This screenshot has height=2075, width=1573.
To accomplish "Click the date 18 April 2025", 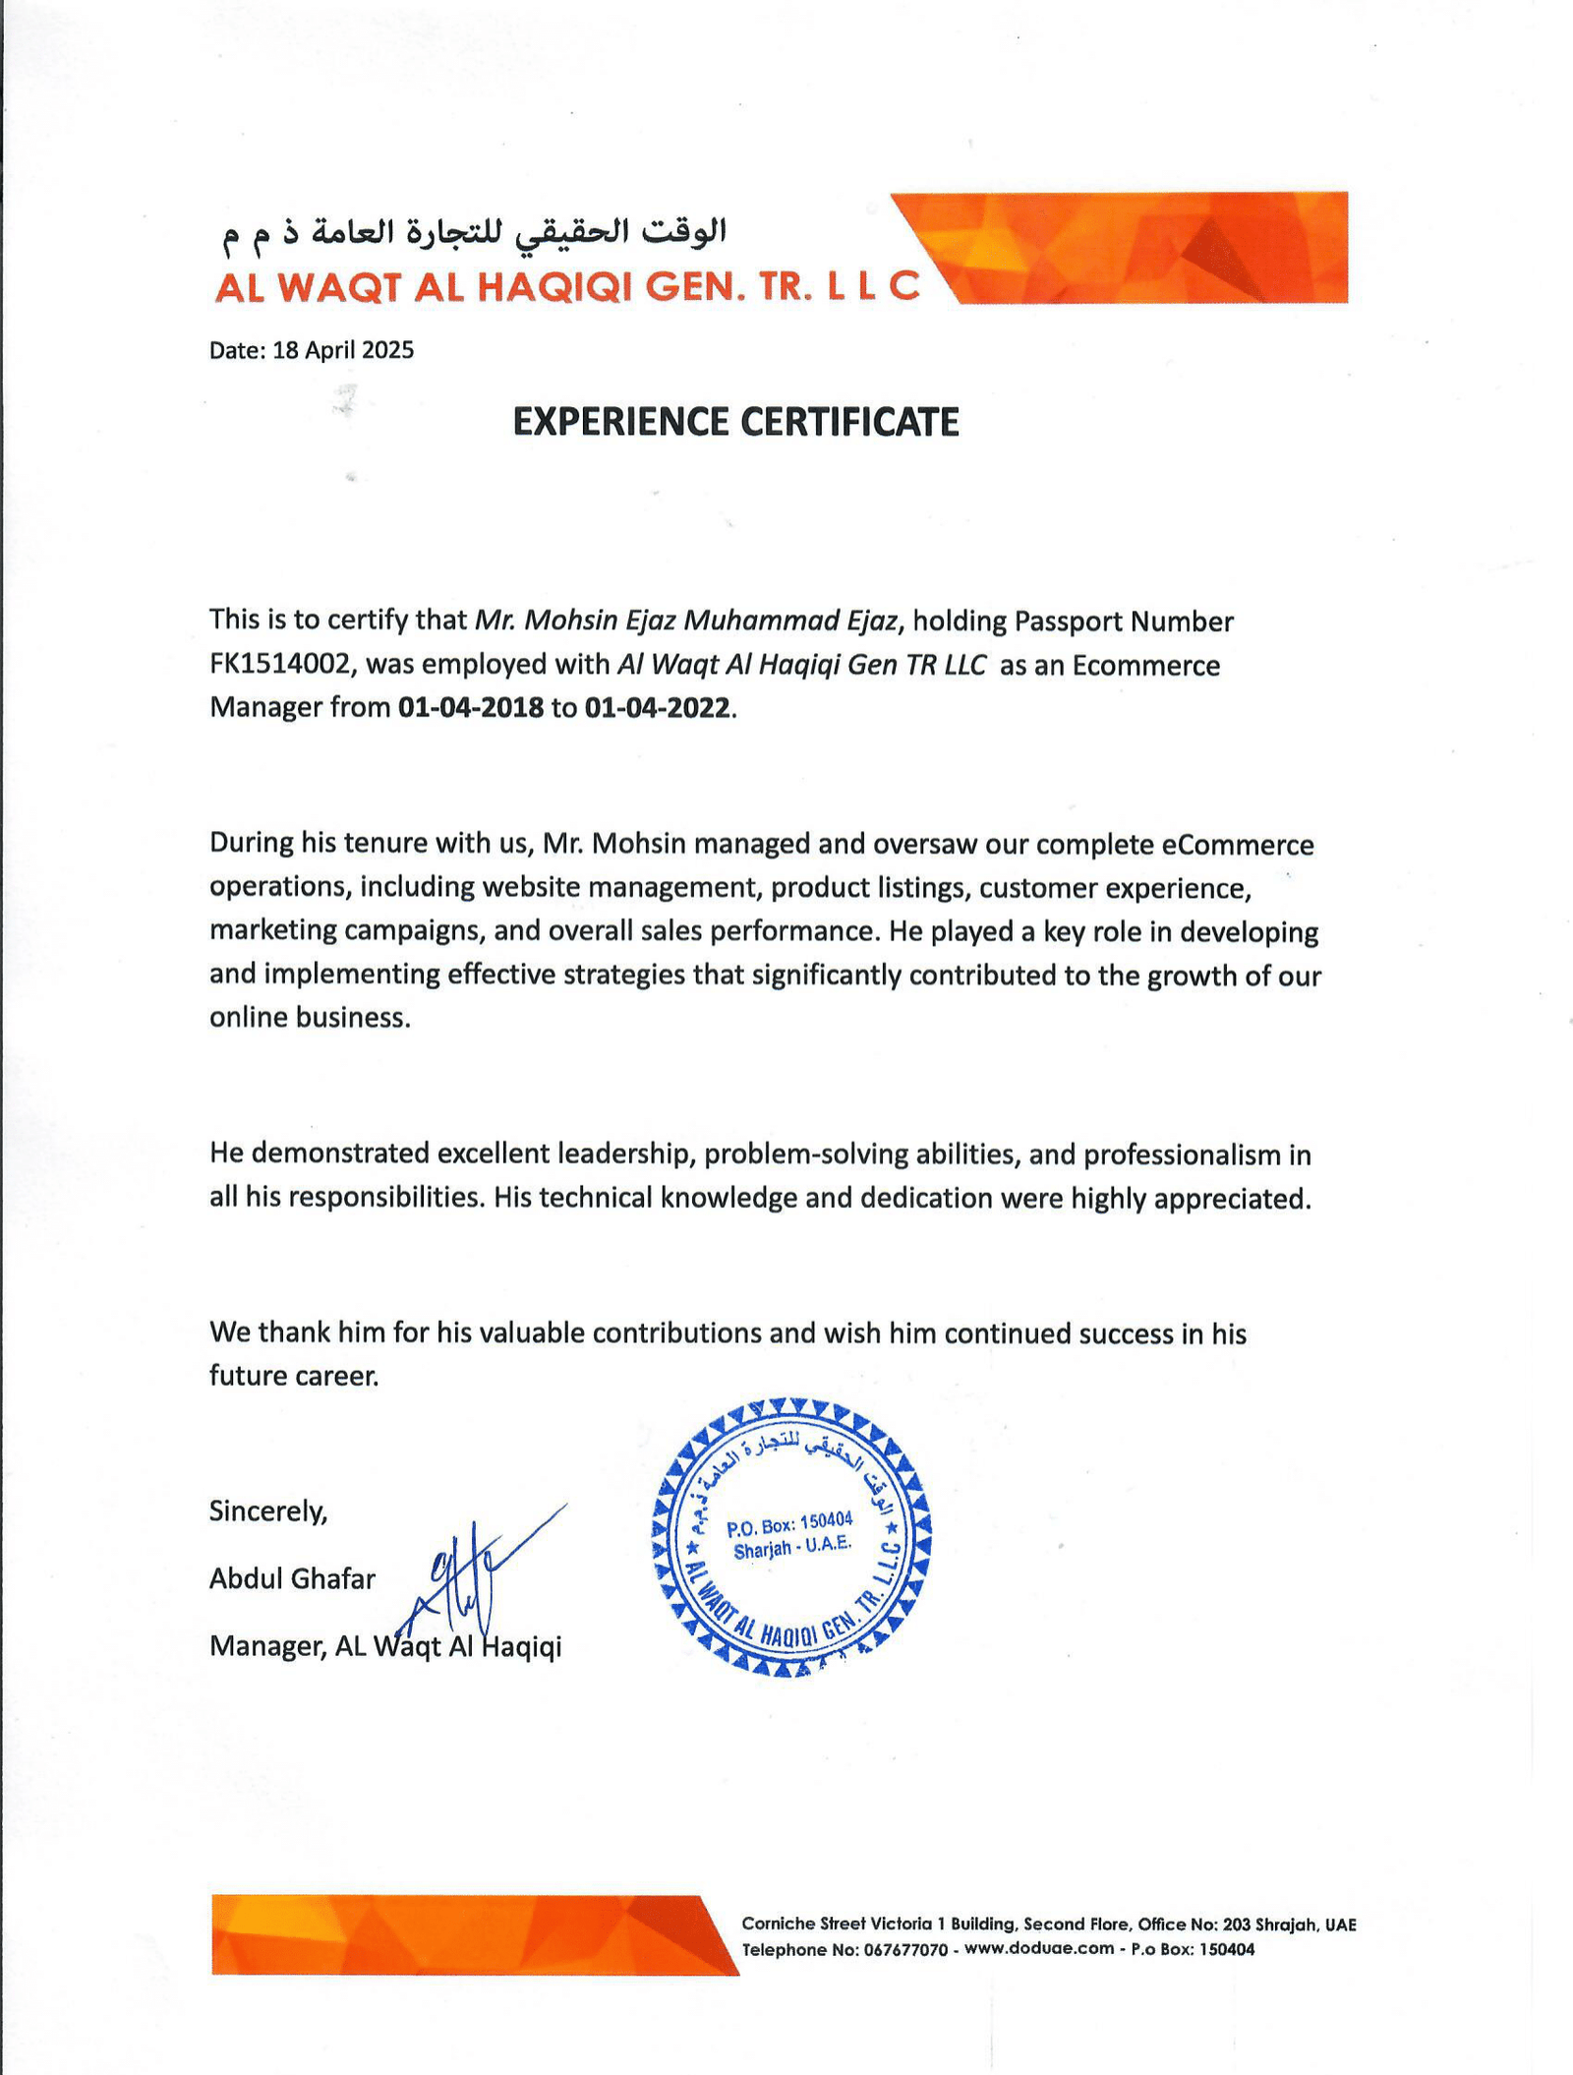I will click(x=343, y=351).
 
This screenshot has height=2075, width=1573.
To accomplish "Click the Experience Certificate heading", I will click(x=735, y=422).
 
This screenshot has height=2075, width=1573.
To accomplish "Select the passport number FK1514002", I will click(x=280, y=665).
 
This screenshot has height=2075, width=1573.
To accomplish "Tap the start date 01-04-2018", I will click(x=470, y=708).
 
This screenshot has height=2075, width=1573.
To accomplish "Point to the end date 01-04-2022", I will click(x=657, y=708).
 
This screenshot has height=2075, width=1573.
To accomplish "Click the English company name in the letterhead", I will click(x=567, y=286).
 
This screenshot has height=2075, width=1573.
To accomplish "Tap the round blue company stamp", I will click(x=791, y=1537).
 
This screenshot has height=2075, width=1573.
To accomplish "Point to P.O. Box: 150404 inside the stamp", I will click(x=789, y=1524).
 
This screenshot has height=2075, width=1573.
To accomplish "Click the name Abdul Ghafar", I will click(x=292, y=1579).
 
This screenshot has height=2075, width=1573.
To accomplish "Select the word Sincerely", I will click(x=267, y=1511).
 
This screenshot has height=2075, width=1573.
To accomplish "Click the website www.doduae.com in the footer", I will click(x=1039, y=1948).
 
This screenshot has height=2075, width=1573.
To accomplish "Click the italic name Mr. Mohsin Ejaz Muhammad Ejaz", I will click(x=686, y=621).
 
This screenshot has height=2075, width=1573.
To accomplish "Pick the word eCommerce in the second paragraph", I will click(x=1237, y=845).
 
